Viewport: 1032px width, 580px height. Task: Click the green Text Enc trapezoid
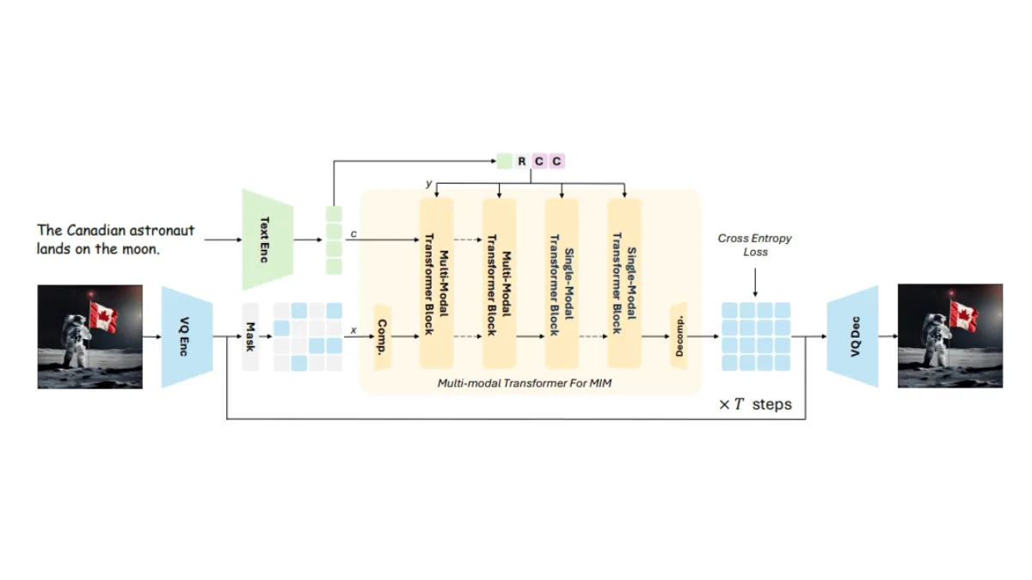click(x=267, y=240)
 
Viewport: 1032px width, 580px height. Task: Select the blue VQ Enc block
click(x=187, y=337)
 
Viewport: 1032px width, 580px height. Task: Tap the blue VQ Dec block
click(x=852, y=337)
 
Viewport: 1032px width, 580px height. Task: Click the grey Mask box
click(x=250, y=337)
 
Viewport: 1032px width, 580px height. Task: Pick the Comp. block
click(x=383, y=337)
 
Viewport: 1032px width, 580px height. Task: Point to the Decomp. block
click(x=679, y=337)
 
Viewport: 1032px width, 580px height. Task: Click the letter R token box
click(x=521, y=162)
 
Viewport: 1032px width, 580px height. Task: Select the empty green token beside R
click(x=505, y=162)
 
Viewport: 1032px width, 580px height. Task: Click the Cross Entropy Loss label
click(x=755, y=245)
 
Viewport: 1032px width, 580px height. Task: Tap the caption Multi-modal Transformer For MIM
click(x=525, y=383)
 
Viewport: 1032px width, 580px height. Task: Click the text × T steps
click(x=755, y=404)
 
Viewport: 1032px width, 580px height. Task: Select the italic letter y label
click(x=429, y=184)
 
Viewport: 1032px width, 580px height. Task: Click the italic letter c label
click(x=353, y=234)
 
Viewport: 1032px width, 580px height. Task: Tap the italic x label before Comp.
click(x=353, y=330)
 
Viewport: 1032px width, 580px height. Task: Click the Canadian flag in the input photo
click(x=103, y=317)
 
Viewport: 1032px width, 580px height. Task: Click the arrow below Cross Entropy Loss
click(x=755, y=283)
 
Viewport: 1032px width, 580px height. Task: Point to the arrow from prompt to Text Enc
click(x=223, y=240)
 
